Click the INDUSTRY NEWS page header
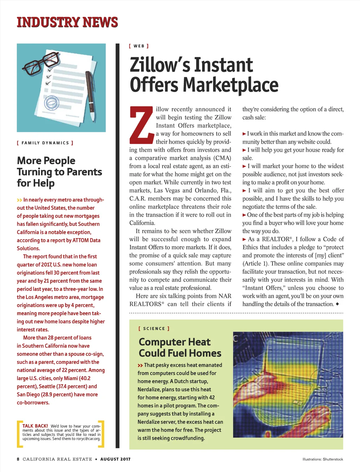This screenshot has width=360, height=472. (67, 22)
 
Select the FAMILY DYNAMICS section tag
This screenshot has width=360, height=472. (45, 143)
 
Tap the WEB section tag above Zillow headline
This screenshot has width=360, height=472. (139, 46)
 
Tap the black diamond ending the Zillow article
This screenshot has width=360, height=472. (337, 304)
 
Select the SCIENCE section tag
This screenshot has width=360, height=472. (154, 329)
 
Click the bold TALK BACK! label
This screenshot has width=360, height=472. (35, 426)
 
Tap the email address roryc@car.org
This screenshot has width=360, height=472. (86, 439)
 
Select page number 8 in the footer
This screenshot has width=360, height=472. (18, 459)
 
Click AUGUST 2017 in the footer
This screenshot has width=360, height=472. (115, 459)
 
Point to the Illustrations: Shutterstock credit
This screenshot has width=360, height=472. (323, 459)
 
